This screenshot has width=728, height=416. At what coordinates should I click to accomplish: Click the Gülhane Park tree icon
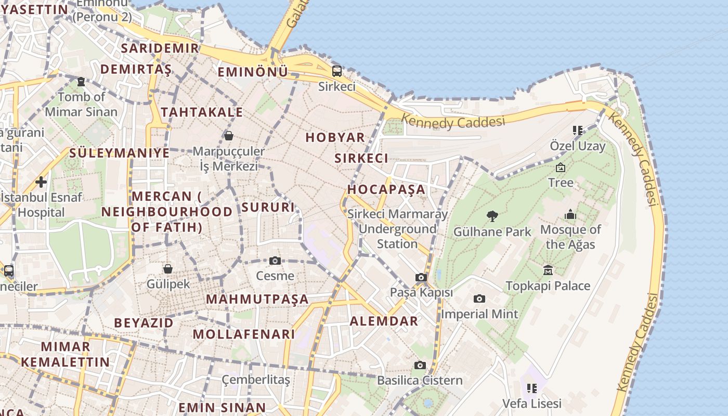point(492,216)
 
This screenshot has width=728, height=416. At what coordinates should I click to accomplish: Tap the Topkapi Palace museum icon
point(548,270)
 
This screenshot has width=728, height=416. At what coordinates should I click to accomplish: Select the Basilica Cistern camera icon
point(420,365)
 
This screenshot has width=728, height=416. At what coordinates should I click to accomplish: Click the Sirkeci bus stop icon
point(337,71)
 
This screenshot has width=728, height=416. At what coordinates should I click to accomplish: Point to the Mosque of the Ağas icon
point(570,214)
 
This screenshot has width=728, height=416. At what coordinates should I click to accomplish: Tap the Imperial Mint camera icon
point(479,298)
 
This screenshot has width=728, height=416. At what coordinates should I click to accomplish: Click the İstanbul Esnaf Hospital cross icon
point(41,182)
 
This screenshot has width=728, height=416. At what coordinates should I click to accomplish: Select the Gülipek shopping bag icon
point(167,269)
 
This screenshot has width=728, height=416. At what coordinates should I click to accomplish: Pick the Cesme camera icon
point(275,261)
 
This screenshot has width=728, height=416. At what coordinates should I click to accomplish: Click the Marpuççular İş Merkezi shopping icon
point(228,136)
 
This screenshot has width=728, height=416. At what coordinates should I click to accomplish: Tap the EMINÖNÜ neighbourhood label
point(253,72)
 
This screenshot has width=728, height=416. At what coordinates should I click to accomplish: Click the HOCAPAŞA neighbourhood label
point(386,189)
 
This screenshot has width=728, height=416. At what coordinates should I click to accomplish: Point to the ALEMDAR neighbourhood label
point(384,321)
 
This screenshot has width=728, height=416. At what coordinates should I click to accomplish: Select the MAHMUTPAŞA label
point(257,300)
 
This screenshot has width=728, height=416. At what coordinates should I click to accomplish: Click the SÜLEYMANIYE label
point(120,153)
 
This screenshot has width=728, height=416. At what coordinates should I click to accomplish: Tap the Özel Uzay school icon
point(578,130)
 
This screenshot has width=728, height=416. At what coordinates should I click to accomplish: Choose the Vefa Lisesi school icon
point(531,388)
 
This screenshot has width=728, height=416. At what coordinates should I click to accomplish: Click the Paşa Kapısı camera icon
point(421,278)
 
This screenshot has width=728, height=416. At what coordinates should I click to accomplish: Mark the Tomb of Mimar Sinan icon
point(81,82)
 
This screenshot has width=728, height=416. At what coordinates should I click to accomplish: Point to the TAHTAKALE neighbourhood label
point(202,112)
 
